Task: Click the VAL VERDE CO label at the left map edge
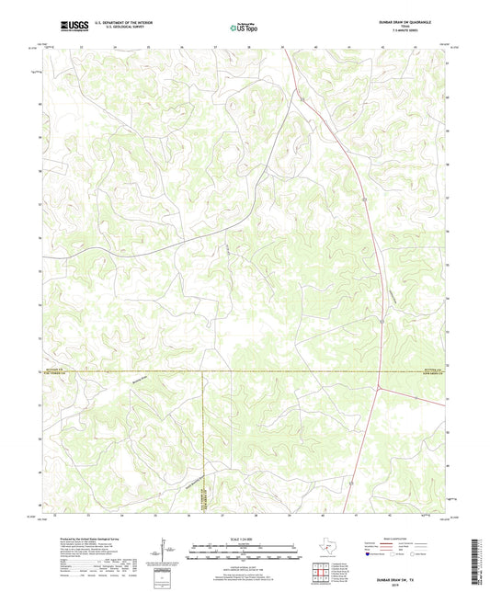click(x=62, y=375)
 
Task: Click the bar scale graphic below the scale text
click(x=244, y=553)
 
